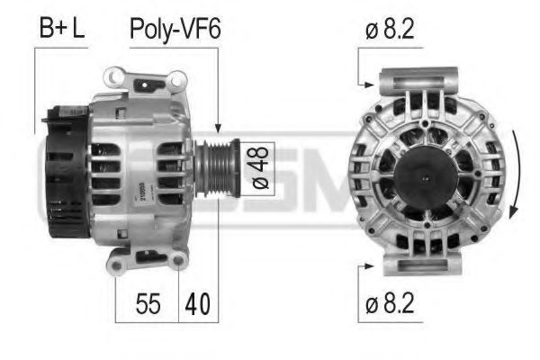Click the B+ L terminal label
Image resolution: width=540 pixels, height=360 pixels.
tap(62, 28)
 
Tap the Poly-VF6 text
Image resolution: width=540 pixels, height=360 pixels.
tap(175, 28)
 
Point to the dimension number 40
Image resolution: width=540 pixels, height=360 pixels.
tap(199, 304)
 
